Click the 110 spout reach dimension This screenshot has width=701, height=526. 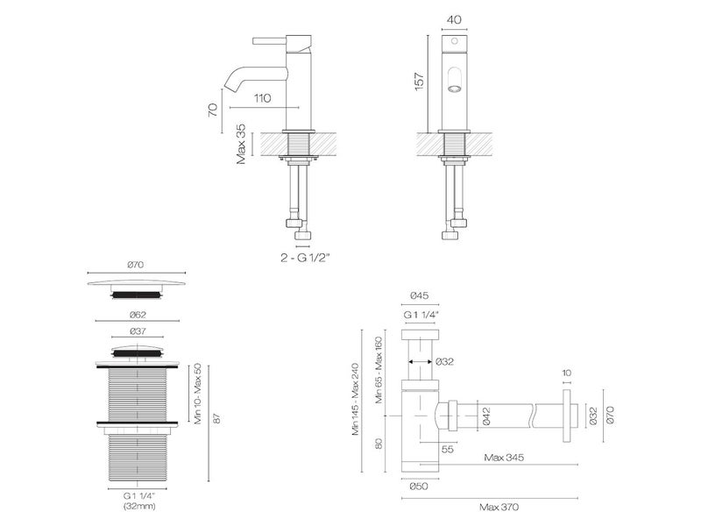click(260, 98)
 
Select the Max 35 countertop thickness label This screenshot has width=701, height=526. click(240, 144)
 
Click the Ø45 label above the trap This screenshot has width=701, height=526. click(420, 297)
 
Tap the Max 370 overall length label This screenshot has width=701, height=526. click(492, 507)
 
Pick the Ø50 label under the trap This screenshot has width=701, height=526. click(419, 487)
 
